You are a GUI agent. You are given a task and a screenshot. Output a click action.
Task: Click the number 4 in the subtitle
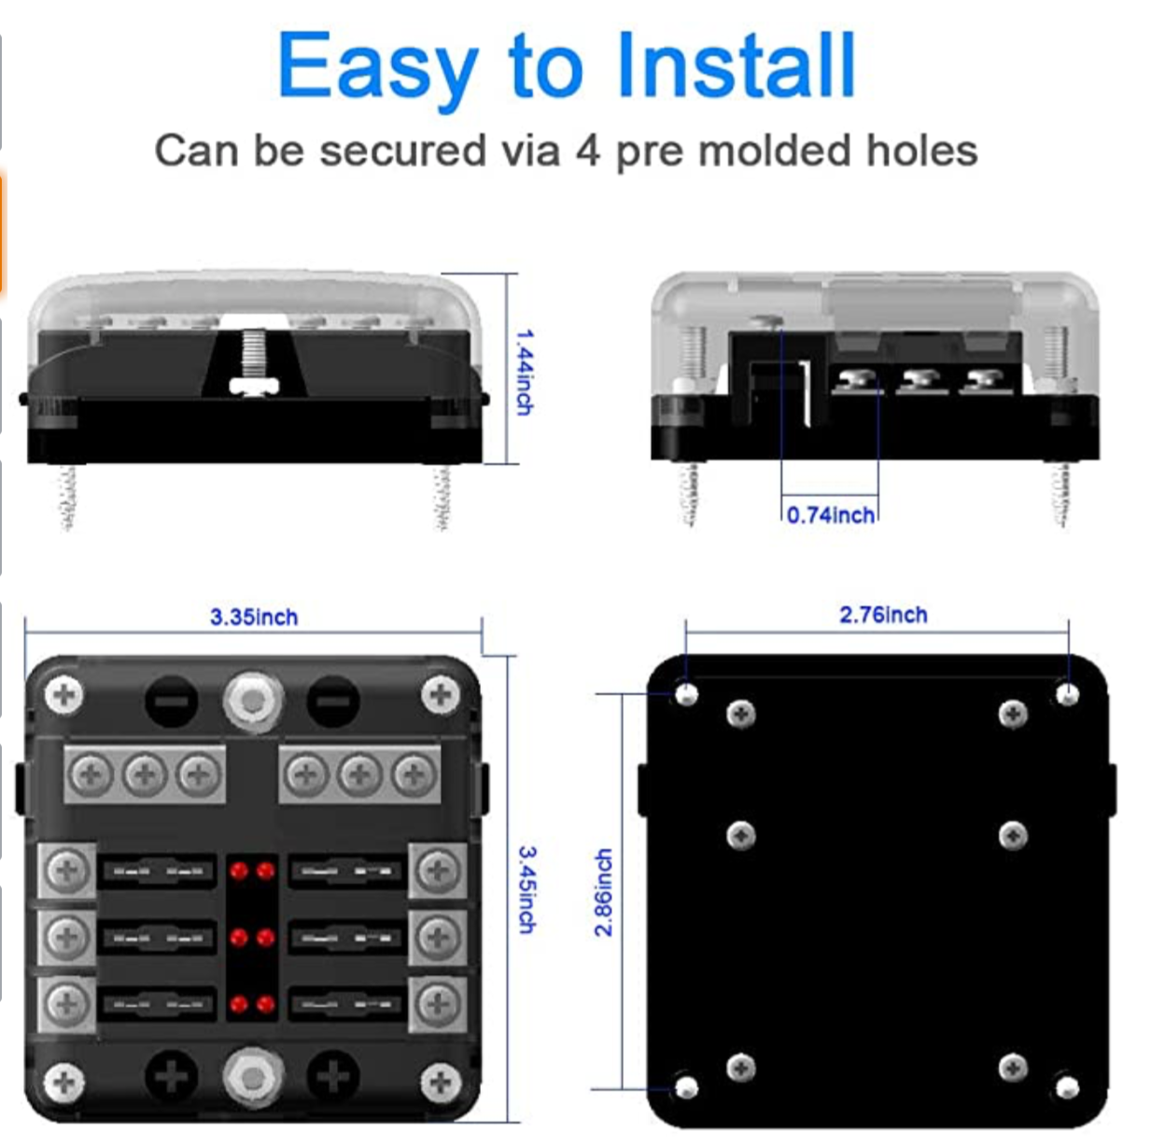point(587,150)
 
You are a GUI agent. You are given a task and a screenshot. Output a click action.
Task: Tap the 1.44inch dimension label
point(526,371)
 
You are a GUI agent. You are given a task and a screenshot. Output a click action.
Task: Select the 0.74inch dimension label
point(830,515)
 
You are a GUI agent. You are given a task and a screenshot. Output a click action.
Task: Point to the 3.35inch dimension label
point(253,616)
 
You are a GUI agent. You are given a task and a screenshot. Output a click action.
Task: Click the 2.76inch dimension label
point(882,615)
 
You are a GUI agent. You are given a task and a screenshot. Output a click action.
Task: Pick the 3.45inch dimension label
point(527,889)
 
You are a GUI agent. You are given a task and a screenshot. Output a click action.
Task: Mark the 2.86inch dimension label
point(604,892)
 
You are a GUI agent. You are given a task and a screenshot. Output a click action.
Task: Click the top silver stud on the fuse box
point(252,700)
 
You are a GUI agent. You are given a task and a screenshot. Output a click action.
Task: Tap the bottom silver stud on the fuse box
point(252,1075)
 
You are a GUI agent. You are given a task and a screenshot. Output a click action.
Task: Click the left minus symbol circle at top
point(171,700)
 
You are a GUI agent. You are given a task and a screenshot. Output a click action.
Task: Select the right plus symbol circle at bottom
point(333,1076)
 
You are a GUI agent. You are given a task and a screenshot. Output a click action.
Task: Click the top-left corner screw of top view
point(64,695)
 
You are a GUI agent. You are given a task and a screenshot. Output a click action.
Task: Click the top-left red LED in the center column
point(239,871)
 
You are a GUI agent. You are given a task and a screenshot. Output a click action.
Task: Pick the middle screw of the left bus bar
point(144,773)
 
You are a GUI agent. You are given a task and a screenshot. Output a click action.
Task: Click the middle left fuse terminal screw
point(66,937)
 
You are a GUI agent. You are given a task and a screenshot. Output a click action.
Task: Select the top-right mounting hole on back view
point(1067,694)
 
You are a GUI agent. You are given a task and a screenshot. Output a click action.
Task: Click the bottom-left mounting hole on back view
point(686,1087)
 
